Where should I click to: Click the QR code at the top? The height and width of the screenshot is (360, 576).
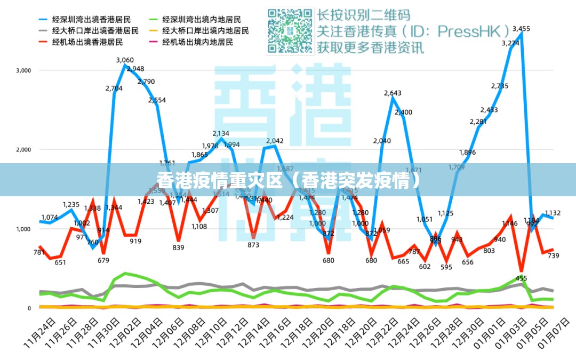coord(290,31)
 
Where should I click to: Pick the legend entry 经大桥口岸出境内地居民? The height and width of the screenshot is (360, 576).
coord(205,30)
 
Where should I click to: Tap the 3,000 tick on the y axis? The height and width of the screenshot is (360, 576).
coord(24,70)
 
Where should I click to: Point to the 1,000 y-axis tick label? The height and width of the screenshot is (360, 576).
coord(24,229)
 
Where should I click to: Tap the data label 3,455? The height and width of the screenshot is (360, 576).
coord(521,29)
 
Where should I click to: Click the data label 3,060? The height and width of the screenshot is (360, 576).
coord(125,60)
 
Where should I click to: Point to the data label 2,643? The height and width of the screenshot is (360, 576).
coord(393,93)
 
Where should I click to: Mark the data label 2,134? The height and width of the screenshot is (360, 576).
coord(221,133)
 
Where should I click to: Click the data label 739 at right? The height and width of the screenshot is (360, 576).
coord(554,256)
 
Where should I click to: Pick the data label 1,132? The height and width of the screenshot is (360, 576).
coord(553,213)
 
